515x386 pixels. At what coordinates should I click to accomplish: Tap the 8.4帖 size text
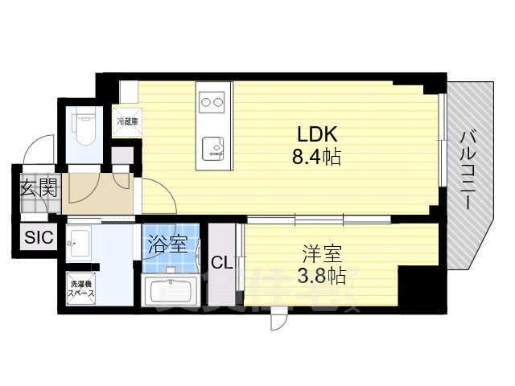(316, 157)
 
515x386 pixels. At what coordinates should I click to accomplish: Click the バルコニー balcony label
(468, 172)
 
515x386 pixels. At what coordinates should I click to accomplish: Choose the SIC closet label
(37, 237)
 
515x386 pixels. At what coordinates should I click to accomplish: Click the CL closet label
(222, 263)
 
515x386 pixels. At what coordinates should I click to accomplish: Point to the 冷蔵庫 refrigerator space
(127, 122)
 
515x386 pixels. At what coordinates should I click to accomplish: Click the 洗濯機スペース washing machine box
(81, 289)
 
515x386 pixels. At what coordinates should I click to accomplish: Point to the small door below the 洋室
(278, 320)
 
